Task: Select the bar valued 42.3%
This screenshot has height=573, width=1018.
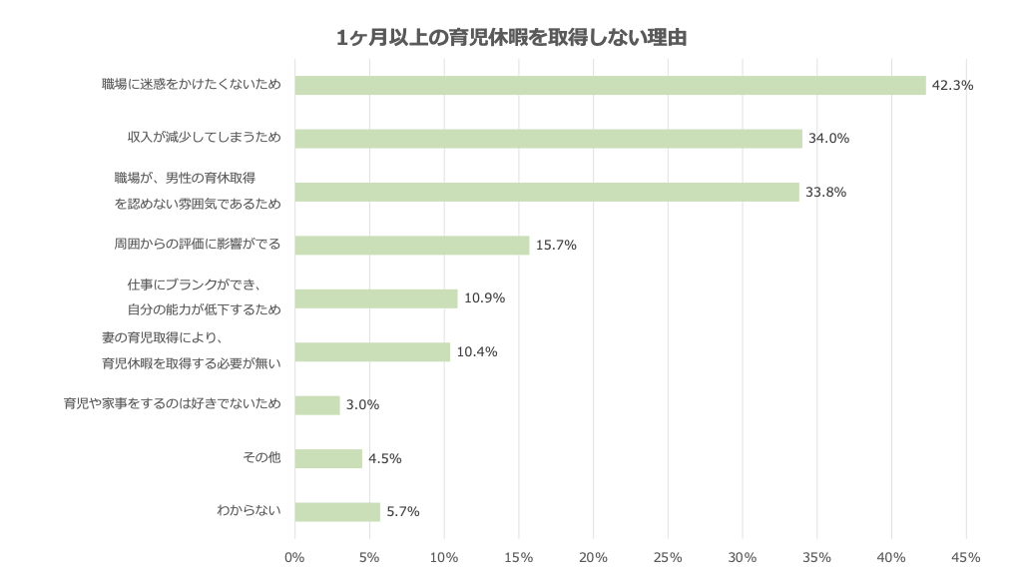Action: (610, 85)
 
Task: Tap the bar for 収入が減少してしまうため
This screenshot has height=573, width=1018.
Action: (548, 139)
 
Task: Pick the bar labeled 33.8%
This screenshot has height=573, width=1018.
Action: (547, 192)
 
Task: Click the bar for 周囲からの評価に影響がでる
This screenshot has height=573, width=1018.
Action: (412, 246)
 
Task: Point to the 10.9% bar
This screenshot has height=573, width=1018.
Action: (376, 298)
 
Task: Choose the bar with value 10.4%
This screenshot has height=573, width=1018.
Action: (372, 351)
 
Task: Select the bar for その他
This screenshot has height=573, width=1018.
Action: (328, 458)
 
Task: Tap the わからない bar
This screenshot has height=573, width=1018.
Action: (337, 512)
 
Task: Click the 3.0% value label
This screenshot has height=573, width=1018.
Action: (362, 405)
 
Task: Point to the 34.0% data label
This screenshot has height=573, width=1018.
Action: (829, 139)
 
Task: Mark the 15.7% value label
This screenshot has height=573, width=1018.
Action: (556, 246)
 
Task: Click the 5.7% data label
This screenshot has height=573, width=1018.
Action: (403, 512)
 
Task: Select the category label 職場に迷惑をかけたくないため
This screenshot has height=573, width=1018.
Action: (191, 85)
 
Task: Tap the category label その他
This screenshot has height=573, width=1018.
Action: (261, 458)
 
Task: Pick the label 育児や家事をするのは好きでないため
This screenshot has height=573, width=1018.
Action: (172, 404)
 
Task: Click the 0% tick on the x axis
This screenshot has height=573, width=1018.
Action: (294, 557)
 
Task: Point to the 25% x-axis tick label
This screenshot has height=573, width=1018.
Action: (668, 557)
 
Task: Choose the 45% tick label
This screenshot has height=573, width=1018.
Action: (966, 557)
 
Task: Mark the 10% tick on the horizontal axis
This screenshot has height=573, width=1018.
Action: (443, 557)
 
